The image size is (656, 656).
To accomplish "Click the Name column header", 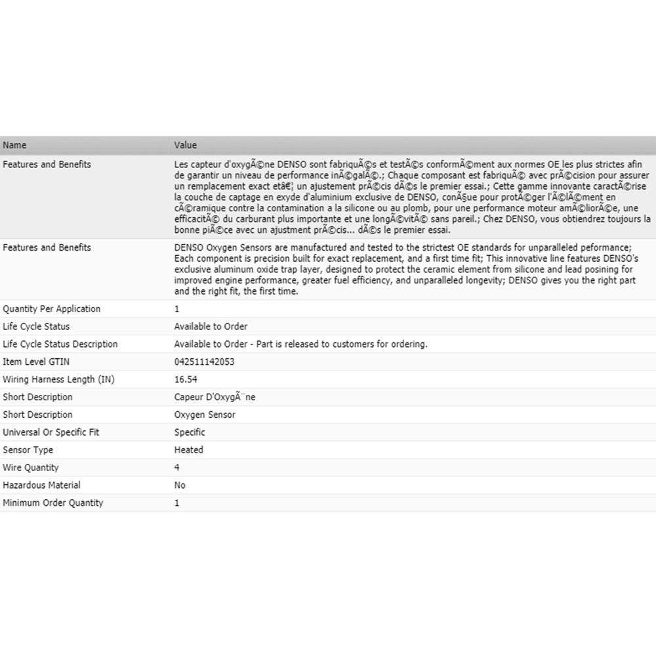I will (14, 145).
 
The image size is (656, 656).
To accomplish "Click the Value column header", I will (185, 145).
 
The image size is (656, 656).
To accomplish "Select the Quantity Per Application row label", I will (52, 309).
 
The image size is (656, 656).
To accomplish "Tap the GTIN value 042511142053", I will (204, 362).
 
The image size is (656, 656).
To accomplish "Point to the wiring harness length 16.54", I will (186, 380).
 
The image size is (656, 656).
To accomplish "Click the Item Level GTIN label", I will (36, 362).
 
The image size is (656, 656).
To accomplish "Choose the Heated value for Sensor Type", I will (188, 450).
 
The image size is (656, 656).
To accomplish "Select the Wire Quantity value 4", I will (177, 468).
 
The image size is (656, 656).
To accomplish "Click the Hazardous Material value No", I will (180, 485).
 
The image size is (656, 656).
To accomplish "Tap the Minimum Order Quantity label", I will (53, 503).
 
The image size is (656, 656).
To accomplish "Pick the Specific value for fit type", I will (190, 432).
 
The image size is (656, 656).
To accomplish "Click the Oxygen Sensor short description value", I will (205, 415).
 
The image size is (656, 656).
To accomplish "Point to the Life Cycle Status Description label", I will (60, 344).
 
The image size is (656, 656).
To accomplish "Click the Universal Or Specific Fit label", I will (51, 432).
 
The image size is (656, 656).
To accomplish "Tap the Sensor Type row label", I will (28, 450).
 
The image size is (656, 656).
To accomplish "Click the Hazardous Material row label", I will (42, 485).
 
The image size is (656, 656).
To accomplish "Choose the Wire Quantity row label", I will (31, 468).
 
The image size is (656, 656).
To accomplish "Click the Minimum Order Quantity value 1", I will (176, 503).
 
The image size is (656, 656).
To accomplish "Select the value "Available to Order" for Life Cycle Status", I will (211, 327).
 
